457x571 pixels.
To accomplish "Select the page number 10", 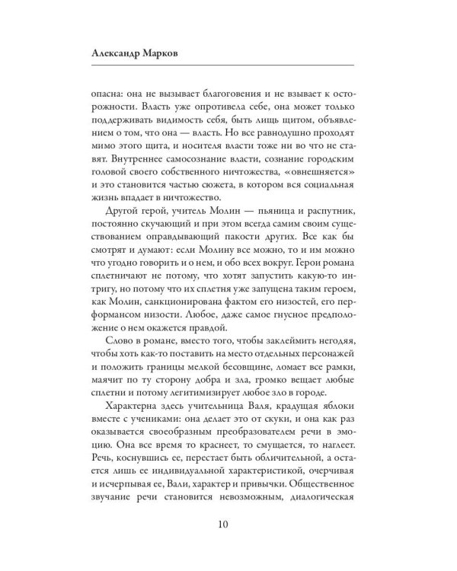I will (x=228, y=525).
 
